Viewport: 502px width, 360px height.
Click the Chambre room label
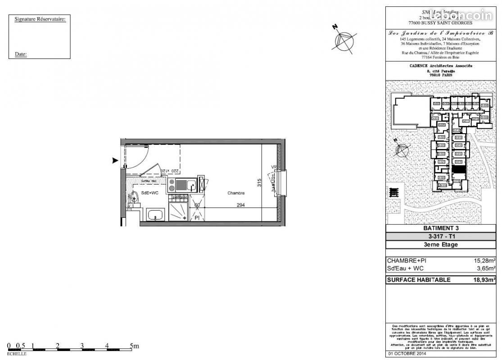pos(236,193)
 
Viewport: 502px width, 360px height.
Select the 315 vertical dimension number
pos(259,183)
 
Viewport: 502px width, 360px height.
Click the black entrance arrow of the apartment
pos(115,160)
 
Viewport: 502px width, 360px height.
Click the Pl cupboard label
pos(197,218)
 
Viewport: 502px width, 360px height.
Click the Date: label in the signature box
pos(21,54)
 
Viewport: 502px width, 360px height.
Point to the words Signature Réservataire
pos(40,19)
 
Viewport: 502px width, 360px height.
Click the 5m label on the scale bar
pos(135,346)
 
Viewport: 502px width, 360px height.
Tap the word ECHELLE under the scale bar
pos(17,354)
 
